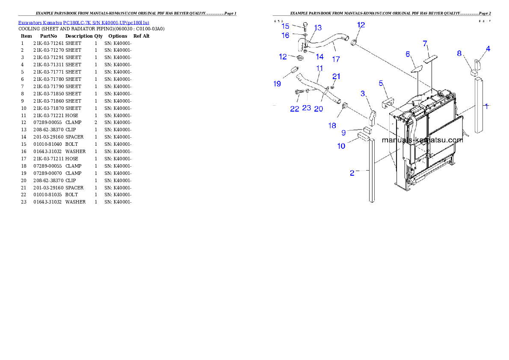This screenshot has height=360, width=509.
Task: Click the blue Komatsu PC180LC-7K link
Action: click(83, 23)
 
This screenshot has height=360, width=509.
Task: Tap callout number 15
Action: click(285, 26)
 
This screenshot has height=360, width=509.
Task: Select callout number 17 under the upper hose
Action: click(336, 59)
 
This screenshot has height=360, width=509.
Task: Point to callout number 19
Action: click(277, 84)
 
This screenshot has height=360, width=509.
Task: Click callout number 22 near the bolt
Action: click(294, 109)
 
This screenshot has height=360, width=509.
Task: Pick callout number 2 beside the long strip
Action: click(352, 173)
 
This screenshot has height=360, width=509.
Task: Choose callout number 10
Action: click(341, 146)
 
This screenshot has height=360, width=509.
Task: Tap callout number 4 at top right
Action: click(488, 49)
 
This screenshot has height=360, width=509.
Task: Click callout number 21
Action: click(337, 76)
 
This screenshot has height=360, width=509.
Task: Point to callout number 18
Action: click(332, 125)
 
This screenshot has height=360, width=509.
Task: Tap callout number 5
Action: click(381, 83)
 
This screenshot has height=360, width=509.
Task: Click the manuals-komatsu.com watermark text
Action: click(422, 140)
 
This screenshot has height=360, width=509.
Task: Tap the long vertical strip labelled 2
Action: click(372, 171)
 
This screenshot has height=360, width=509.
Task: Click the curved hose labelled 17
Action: click(329, 43)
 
